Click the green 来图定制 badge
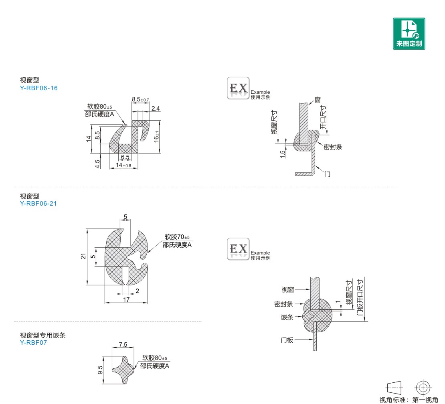click(x=409, y=34)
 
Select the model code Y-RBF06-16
click(x=38, y=88)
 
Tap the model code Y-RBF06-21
click(x=38, y=204)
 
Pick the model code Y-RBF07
click(x=33, y=342)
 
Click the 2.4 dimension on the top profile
click(x=156, y=108)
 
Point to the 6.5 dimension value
click(x=125, y=157)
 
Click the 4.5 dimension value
click(x=97, y=164)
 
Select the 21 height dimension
click(x=83, y=256)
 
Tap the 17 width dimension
click(x=126, y=300)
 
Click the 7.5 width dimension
click(x=123, y=344)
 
